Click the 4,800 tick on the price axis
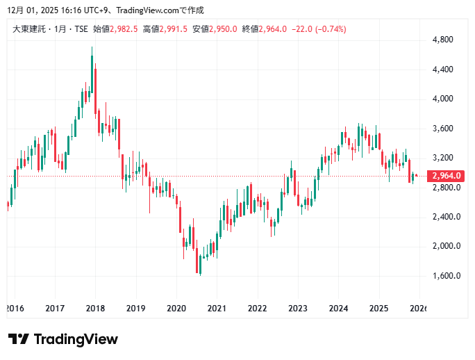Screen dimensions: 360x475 pos(442,40)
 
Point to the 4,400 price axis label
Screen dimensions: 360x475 pos(442,69)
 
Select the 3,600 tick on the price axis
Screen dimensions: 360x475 pos(442,129)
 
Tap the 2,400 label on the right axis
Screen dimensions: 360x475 pos(442,217)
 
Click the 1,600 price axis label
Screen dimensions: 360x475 pos(442,276)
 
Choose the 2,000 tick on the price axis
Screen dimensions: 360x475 pos(442,246)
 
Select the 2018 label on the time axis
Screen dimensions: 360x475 pos(95,308)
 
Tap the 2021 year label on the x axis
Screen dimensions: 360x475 pos(217,308)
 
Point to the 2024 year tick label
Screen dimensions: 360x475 pos(338,308)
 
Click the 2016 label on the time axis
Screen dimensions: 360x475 pos(15,308)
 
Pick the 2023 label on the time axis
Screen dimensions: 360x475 pos(298,308)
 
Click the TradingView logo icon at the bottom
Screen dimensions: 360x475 pos(19,339)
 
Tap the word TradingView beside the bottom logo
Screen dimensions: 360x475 pos(76,339)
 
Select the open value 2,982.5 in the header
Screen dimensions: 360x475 pos(125,29)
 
